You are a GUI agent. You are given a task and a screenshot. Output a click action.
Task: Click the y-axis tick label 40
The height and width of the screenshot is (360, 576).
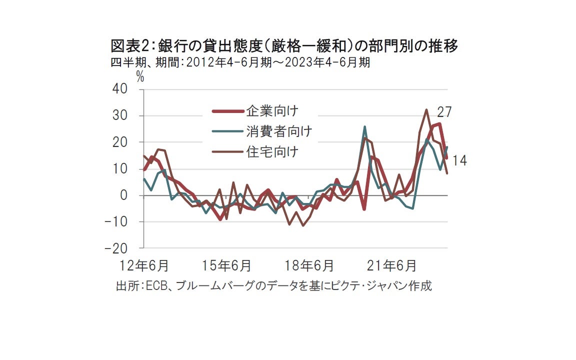pyautogui.click(x=121, y=89)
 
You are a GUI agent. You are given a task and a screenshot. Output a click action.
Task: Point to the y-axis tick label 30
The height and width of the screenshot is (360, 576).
pyautogui.click(x=121, y=115)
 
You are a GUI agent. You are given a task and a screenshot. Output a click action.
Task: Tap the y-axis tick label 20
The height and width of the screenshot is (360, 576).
pyautogui.click(x=121, y=142)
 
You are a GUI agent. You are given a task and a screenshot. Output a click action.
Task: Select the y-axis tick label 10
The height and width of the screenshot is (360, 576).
pyautogui.click(x=121, y=168)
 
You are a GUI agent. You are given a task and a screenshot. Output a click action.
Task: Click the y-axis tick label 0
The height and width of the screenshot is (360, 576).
pyautogui.click(x=125, y=195)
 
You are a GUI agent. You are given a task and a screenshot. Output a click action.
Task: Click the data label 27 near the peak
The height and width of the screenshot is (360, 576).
pyautogui.click(x=444, y=112)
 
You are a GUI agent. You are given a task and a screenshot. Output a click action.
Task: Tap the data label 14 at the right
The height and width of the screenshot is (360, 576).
pyautogui.click(x=459, y=160)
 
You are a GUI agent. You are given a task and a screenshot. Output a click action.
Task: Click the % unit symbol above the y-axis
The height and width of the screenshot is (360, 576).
pyautogui.click(x=140, y=76)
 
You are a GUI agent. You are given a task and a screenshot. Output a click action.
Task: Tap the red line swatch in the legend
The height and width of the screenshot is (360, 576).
pyautogui.click(x=226, y=111)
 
